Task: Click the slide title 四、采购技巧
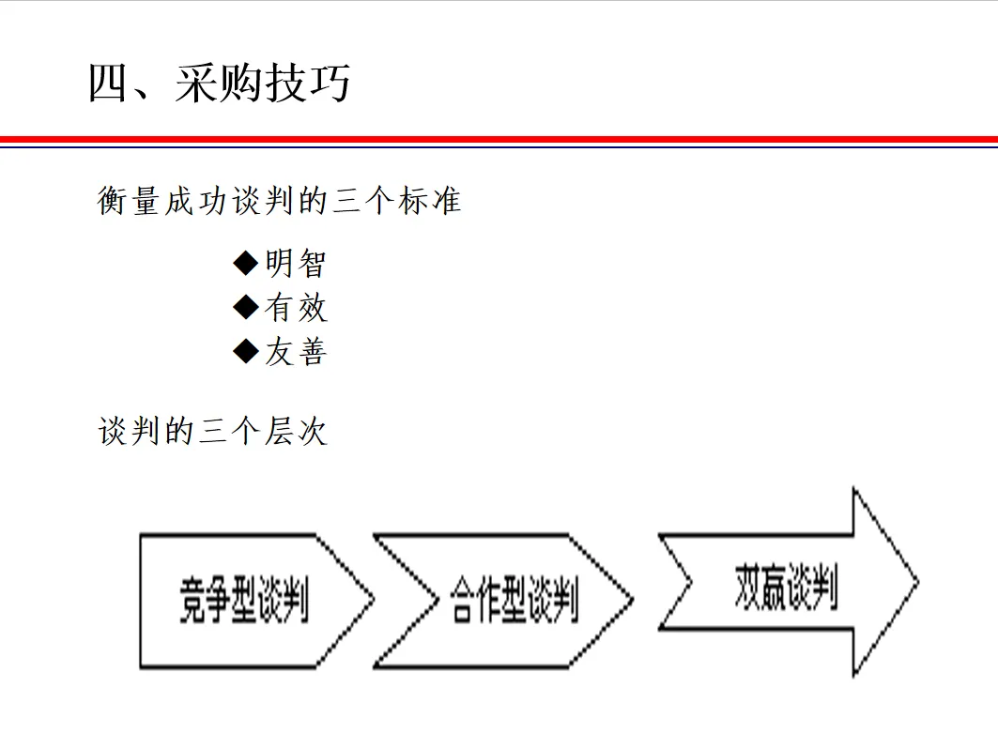point(219,83)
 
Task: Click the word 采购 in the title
point(218,83)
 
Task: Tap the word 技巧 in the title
point(308,83)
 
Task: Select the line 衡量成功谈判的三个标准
point(279,201)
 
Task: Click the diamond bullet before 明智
point(245,263)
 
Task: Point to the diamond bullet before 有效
point(245,307)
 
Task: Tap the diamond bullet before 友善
point(245,351)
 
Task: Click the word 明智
point(295,264)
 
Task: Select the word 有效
point(295,308)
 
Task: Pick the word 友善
point(295,352)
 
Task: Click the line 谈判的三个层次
point(212,432)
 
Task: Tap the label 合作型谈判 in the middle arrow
point(514,600)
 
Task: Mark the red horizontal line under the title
point(499,139)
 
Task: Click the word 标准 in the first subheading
point(428,201)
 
